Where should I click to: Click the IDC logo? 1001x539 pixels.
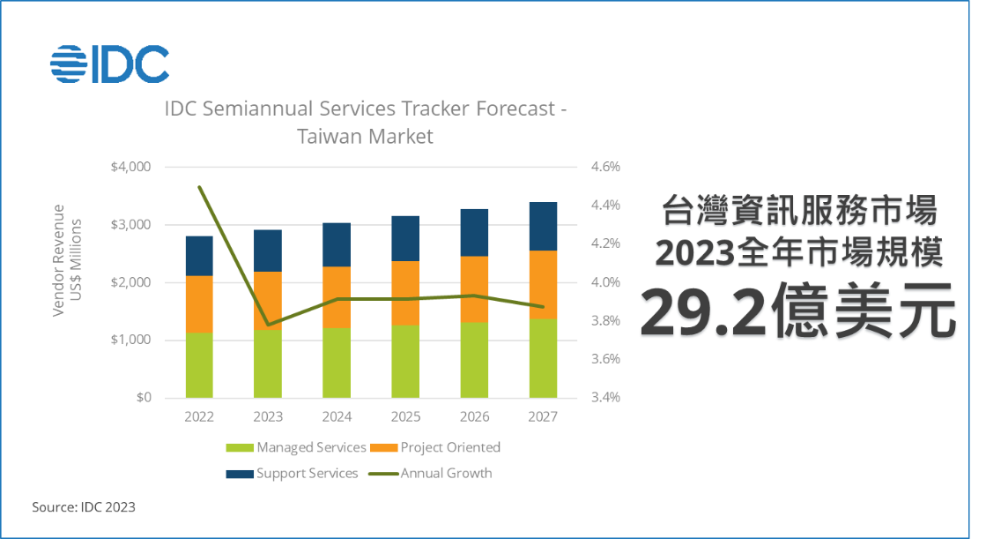click(x=109, y=63)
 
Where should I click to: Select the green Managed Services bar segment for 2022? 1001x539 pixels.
click(x=199, y=365)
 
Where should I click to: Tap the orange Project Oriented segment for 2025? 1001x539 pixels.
click(x=405, y=293)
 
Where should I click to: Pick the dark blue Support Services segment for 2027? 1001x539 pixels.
click(x=543, y=226)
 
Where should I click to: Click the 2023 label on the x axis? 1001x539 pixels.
click(x=268, y=417)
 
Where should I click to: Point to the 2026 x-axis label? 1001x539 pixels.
click(x=474, y=417)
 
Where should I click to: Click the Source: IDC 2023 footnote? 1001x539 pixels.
click(x=84, y=507)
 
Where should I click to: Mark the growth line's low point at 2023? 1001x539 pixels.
click(x=268, y=325)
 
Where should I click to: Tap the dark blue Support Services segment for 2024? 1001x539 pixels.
click(x=337, y=244)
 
